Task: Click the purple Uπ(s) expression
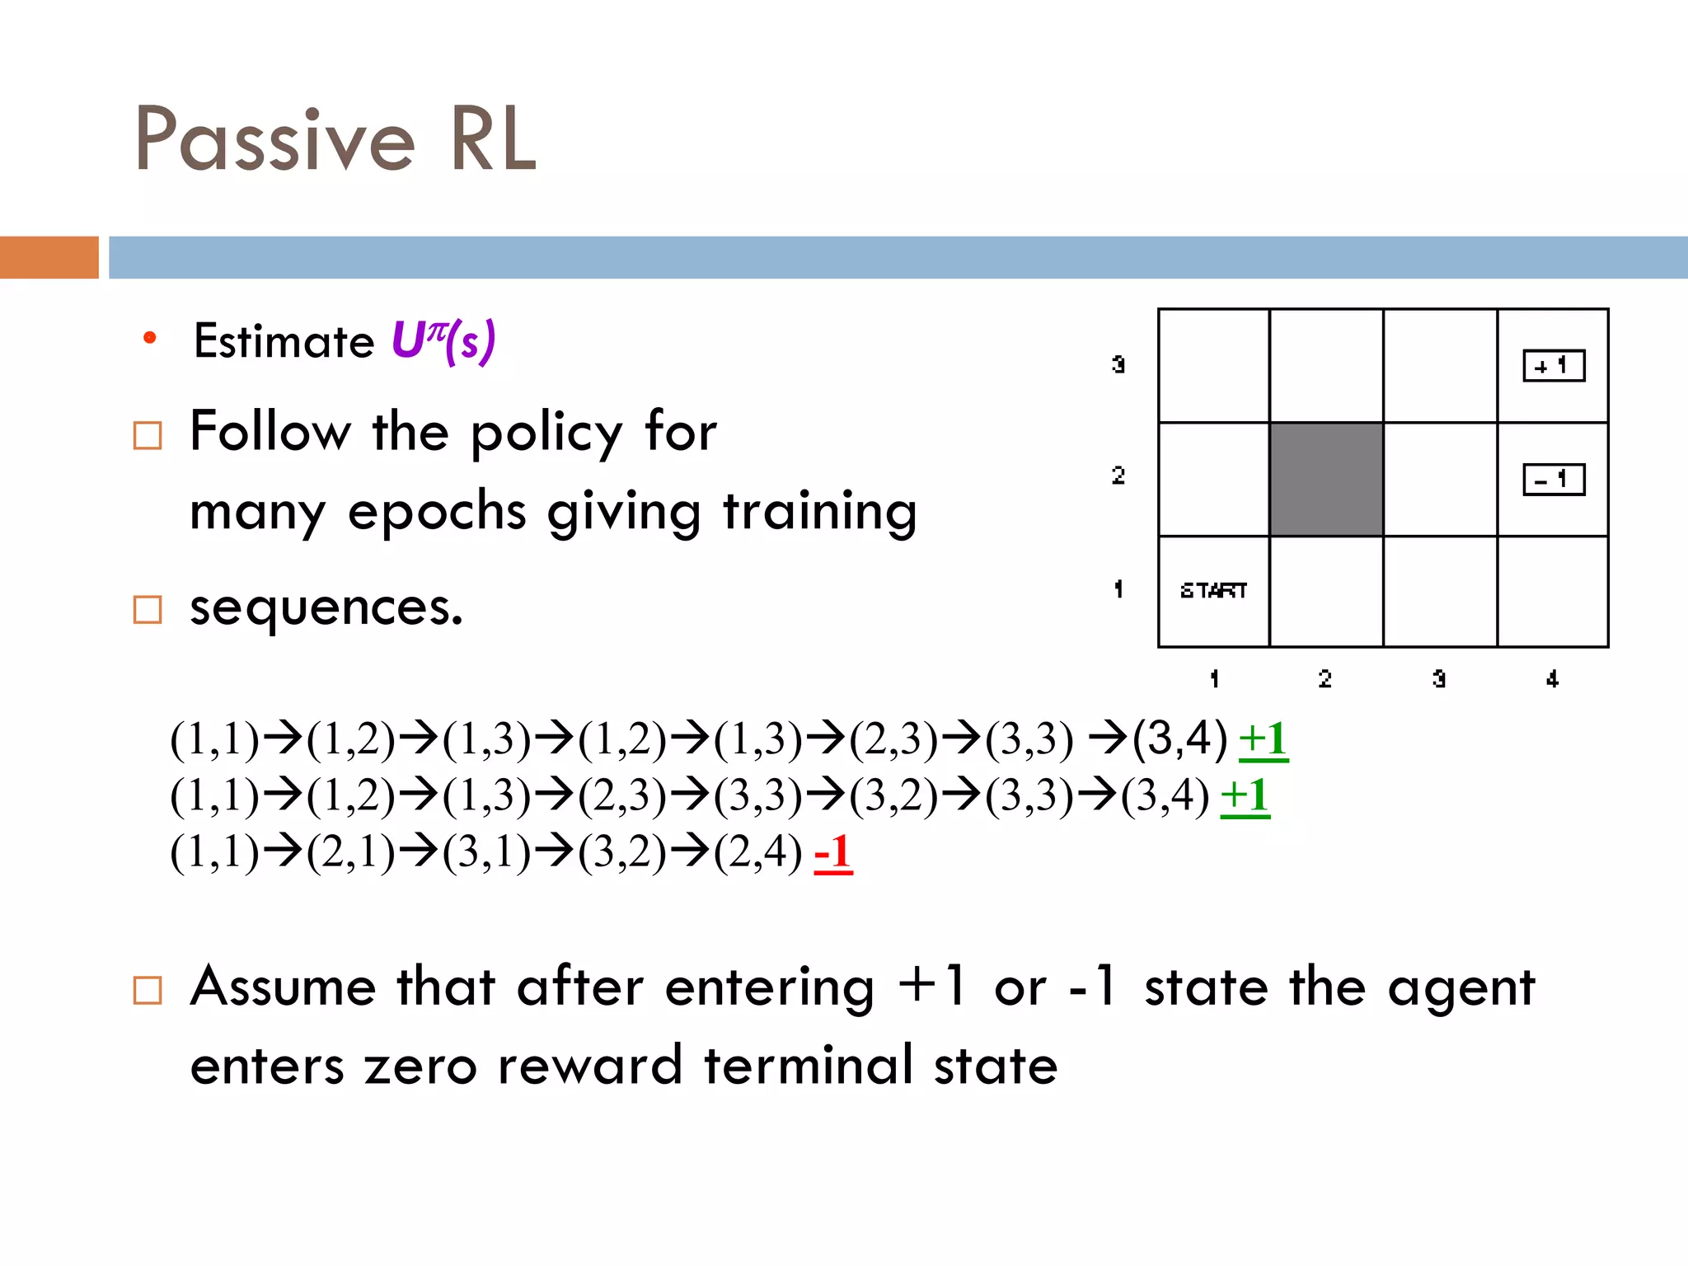pyautogui.click(x=443, y=340)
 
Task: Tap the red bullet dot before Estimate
pyautogui.click(x=149, y=338)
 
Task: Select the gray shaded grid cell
pyautogui.click(x=1325, y=479)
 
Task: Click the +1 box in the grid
pyautogui.click(x=1553, y=366)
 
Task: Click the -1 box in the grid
pyautogui.click(x=1553, y=480)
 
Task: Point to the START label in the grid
pyautogui.click(x=1212, y=590)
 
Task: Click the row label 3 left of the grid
pyautogui.click(x=1118, y=364)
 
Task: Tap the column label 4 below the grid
pyautogui.click(x=1552, y=679)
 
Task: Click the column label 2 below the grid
pyautogui.click(x=1325, y=679)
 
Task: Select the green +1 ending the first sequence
pyautogui.click(x=1263, y=739)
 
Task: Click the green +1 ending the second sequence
pyautogui.click(x=1245, y=796)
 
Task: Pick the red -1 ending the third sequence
pyautogui.click(x=832, y=852)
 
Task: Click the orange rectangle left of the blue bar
pyautogui.click(x=49, y=257)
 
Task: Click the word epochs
pyautogui.click(x=437, y=511)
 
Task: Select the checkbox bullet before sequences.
pyautogui.click(x=148, y=610)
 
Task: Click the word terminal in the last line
pyautogui.click(x=808, y=1065)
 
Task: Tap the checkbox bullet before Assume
pyautogui.click(x=148, y=990)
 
